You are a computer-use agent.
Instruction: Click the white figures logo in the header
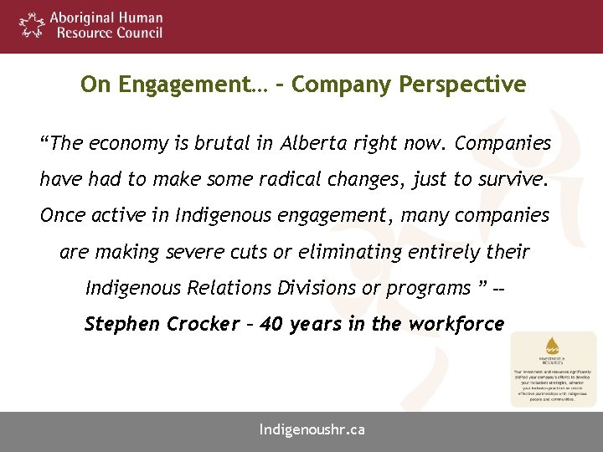click(x=31, y=25)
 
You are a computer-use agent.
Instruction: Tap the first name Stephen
click(x=123, y=324)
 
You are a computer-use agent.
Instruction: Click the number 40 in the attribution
click(x=272, y=324)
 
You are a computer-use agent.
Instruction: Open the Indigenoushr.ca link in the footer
click(x=312, y=430)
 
